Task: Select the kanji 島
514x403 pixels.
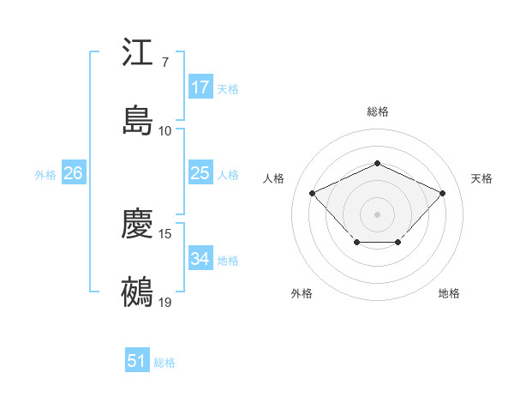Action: tap(138, 120)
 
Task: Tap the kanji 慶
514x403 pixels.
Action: tap(138, 226)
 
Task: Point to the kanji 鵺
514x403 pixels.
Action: tap(138, 292)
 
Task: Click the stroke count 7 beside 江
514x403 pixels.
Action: tap(165, 63)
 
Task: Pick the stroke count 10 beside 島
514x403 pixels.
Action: tap(165, 130)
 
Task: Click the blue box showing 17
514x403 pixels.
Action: tap(200, 87)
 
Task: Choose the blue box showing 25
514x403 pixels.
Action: tap(200, 173)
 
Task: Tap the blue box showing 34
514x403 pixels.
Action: tap(200, 259)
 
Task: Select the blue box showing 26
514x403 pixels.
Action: tap(73, 173)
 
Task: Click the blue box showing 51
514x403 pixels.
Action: tap(137, 362)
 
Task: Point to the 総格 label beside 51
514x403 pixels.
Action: tap(164, 363)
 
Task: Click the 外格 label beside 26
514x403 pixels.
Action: tap(45, 174)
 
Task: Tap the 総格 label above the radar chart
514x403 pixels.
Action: tap(377, 111)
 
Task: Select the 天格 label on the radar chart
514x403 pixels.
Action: tap(481, 178)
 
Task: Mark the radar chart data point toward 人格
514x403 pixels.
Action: tap(313, 194)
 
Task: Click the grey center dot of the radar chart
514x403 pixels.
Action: tap(377, 214)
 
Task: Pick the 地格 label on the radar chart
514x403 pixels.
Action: tap(449, 293)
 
